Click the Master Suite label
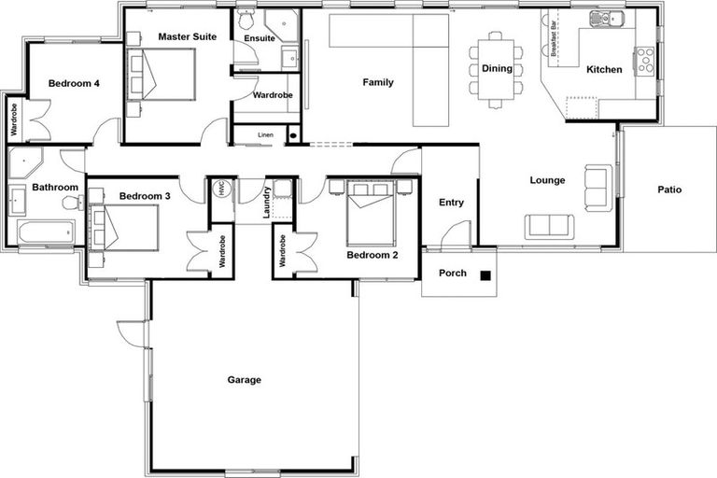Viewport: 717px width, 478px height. [187, 36]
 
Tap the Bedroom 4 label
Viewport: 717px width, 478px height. [74, 83]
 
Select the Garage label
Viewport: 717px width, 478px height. [244, 380]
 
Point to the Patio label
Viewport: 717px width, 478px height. [668, 190]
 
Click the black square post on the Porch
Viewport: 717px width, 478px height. [485, 274]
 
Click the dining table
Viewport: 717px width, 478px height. [496, 67]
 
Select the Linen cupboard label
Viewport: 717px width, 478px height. [266, 135]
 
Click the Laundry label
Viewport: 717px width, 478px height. [268, 203]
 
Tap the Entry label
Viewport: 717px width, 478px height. [451, 203]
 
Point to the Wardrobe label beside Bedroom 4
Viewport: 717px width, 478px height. [13, 119]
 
